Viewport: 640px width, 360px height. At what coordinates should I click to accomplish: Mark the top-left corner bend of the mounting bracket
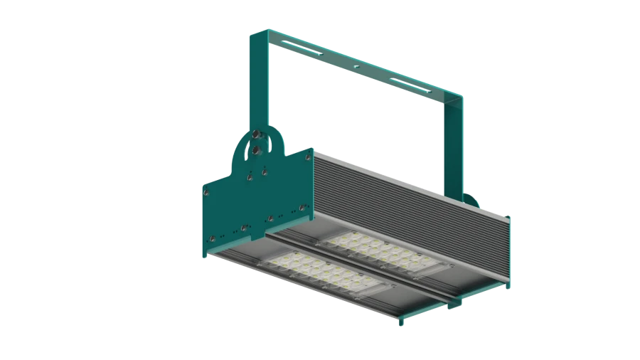pyautogui.click(x=250, y=34)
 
